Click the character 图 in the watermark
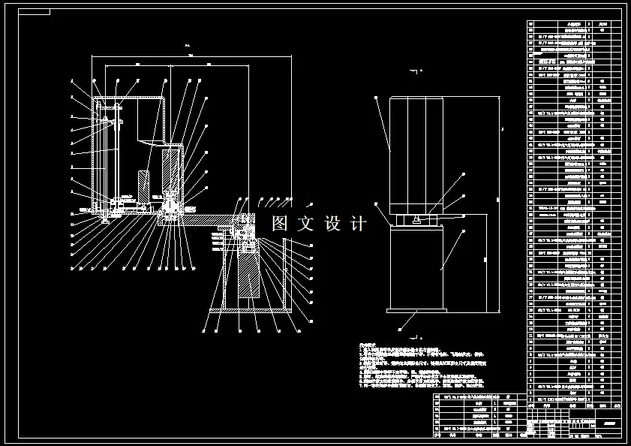[280, 224]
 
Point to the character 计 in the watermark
[358, 224]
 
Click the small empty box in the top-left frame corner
[33, 12]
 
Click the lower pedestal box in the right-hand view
[415, 267]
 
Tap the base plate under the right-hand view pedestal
[414, 311]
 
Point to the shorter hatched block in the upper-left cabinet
[143, 185]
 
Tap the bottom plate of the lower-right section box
[249, 309]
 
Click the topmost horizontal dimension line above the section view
[191, 54]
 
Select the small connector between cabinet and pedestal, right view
[415, 219]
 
